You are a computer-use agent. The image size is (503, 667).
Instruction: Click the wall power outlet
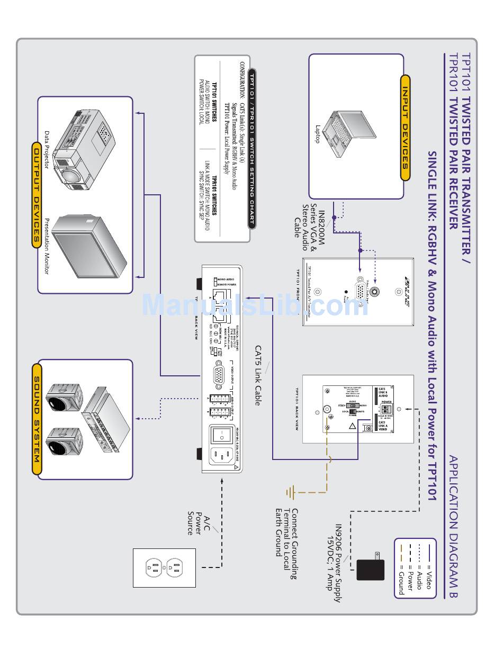(x=164, y=568)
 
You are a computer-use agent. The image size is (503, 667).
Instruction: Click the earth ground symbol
(x=290, y=493)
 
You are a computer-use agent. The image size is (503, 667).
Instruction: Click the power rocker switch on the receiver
(x=218, y=435)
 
